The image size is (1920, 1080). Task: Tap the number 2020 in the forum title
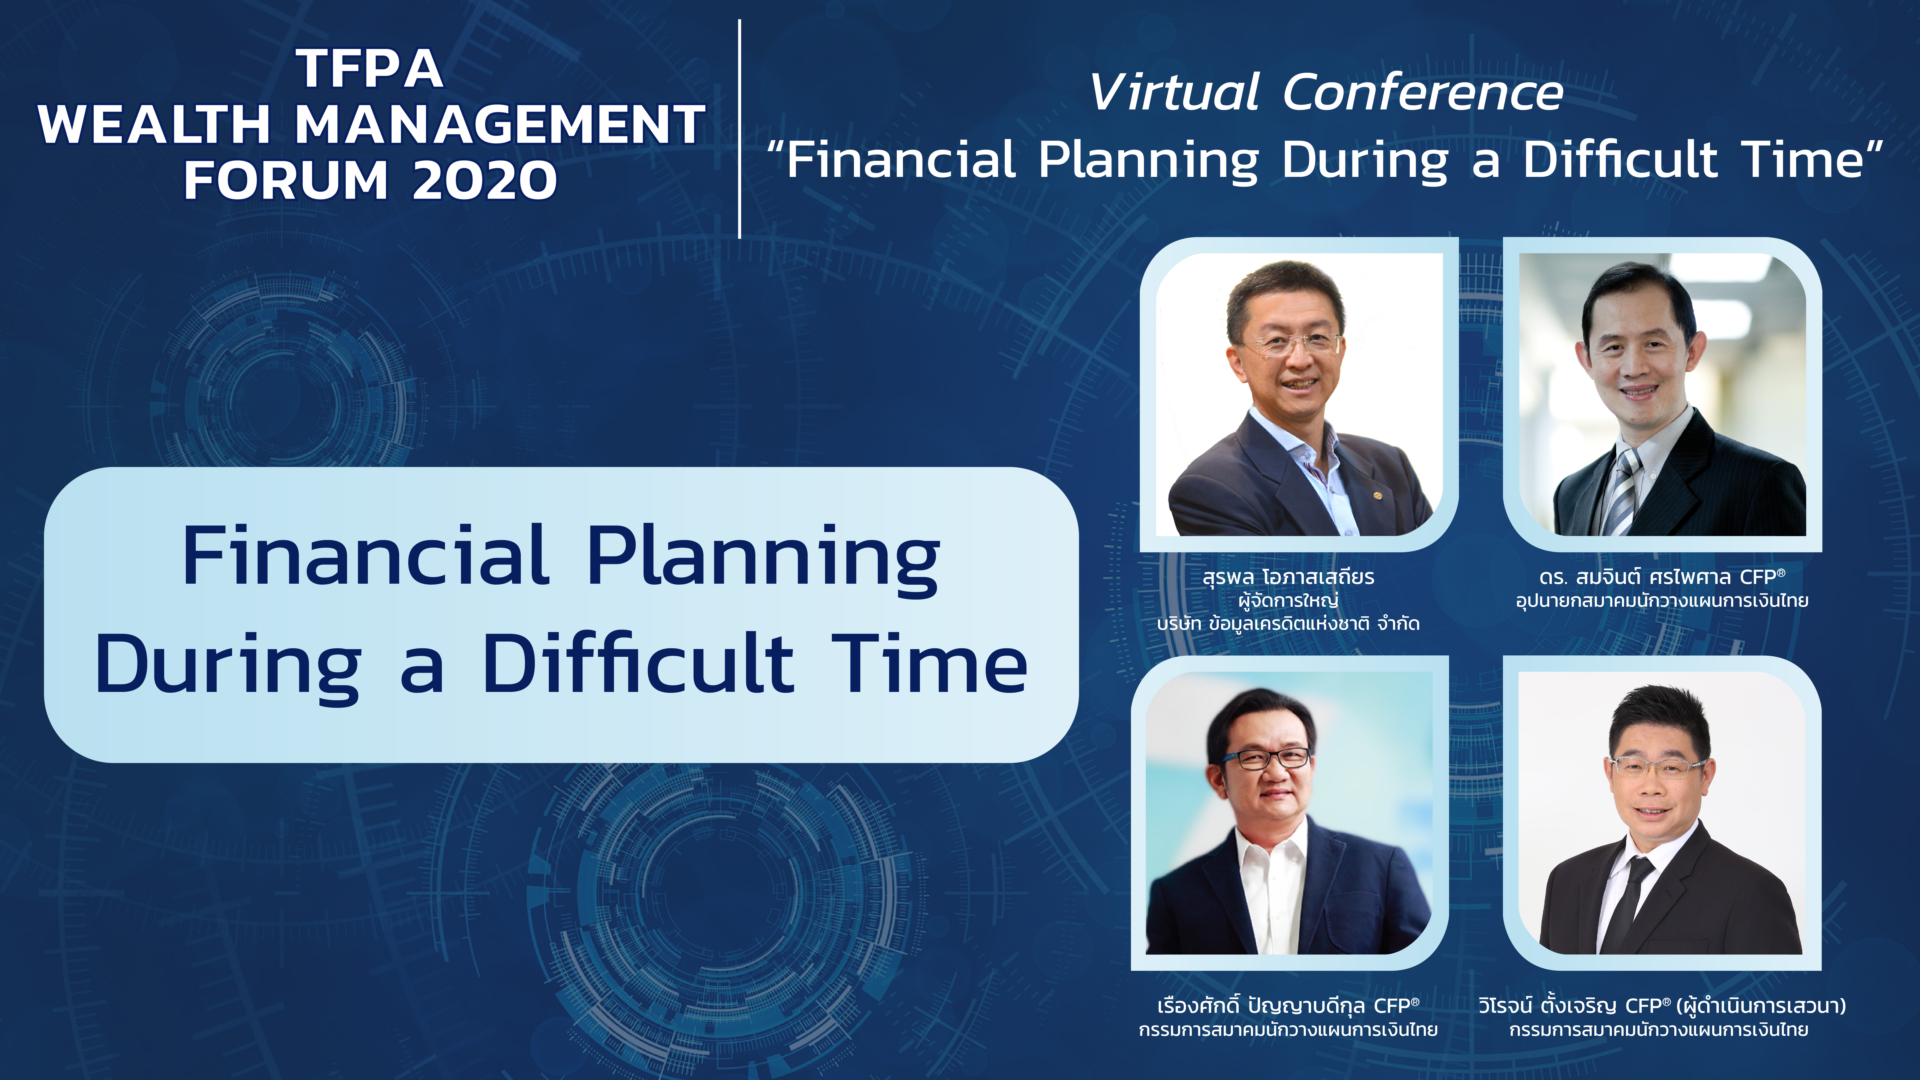485,180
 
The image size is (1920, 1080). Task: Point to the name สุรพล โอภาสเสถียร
1288,577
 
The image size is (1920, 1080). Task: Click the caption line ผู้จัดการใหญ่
1288,600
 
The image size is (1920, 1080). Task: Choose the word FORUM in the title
286,180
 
